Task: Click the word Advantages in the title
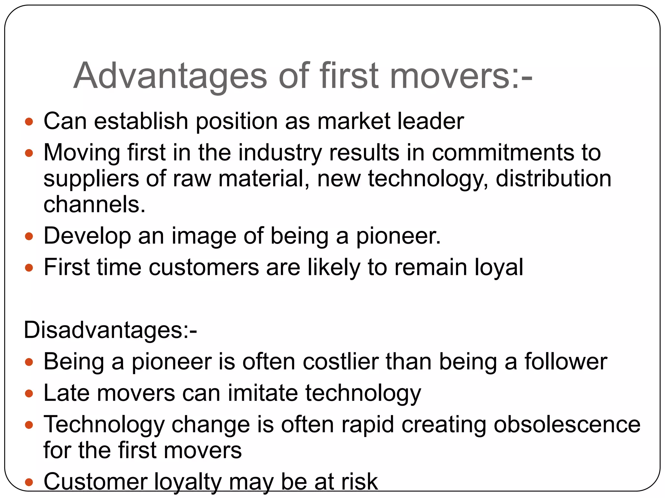pyautogui.click(x=170, y=76)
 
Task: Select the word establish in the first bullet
pyautogui.click(x=141, y=121)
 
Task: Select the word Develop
pyautogui.click(x=87, y=236)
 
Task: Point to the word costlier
pyautogui.click(x=340, y=362)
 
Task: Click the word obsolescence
pyautogui.click(x=567, y=424)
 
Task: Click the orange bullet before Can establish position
pyautogui.click(x=29, y=122)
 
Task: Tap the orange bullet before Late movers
pyautogui.click(x=29, y=394)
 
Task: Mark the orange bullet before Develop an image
pyautogui.click(x=29, y=236)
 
